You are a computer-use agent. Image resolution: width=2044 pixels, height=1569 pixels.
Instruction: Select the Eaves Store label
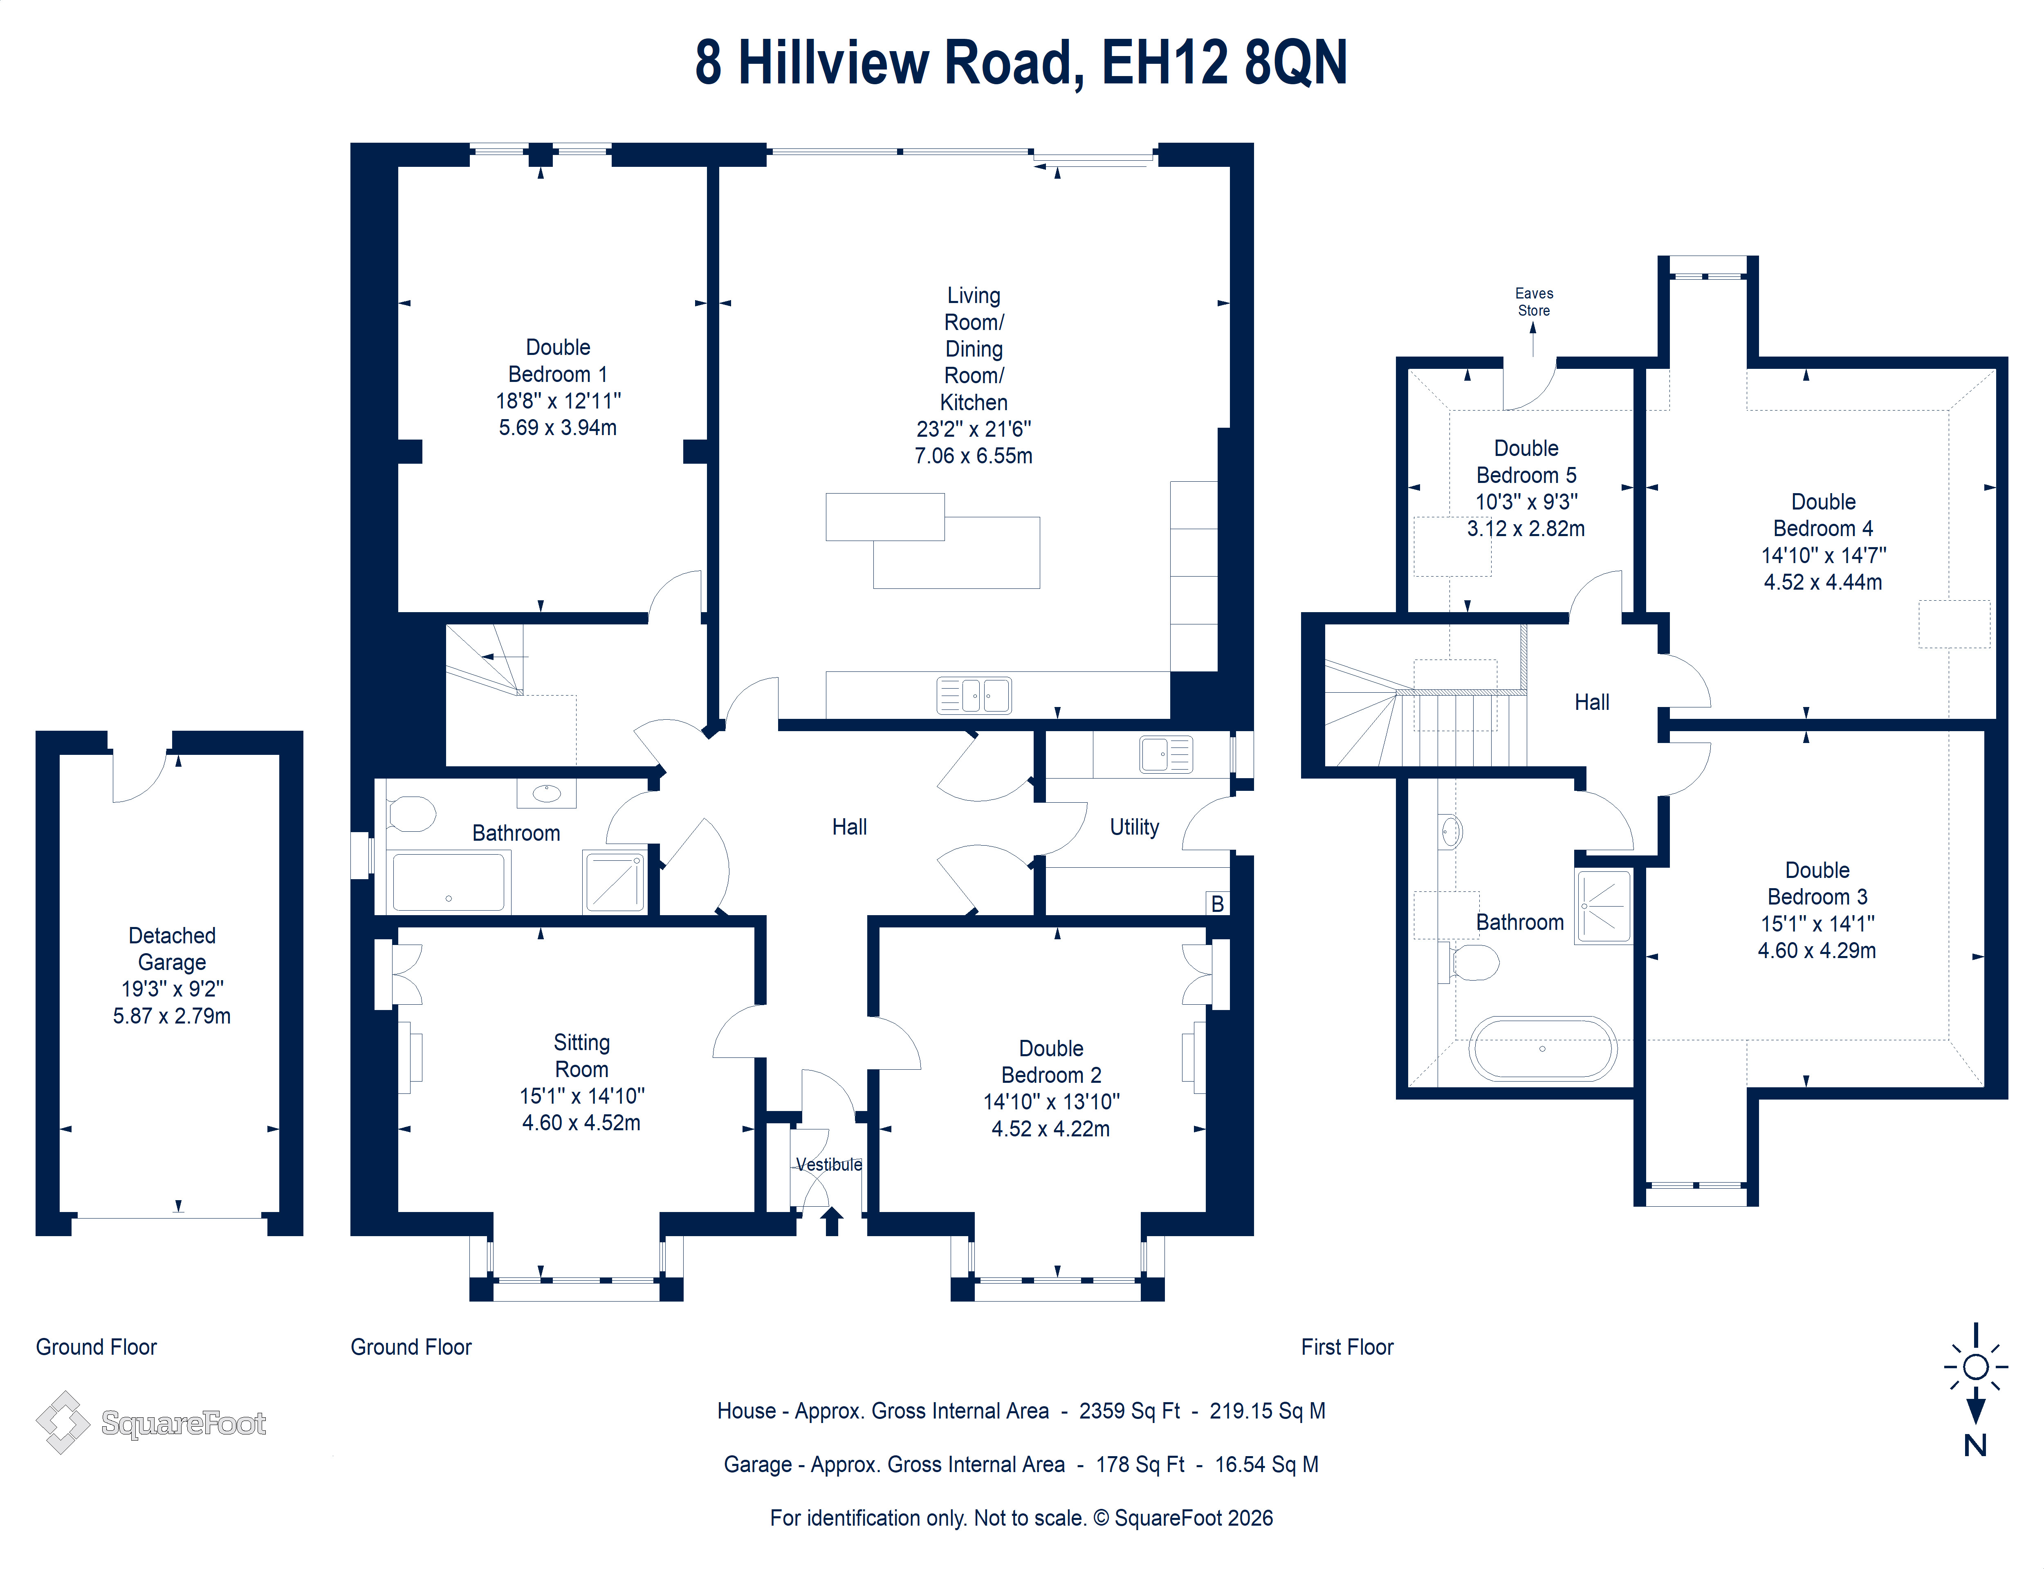[1533, 302]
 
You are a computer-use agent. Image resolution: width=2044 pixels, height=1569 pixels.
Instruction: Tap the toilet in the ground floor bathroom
[411, 813]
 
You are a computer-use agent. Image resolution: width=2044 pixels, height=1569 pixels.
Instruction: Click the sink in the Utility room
[1165, 754]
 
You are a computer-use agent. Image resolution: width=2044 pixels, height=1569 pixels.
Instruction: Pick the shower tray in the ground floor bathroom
[613, 881]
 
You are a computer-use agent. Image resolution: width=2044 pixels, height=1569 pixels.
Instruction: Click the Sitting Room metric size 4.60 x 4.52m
[581, 1122]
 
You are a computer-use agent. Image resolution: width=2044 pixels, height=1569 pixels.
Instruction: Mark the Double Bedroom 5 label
[1526, 461]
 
